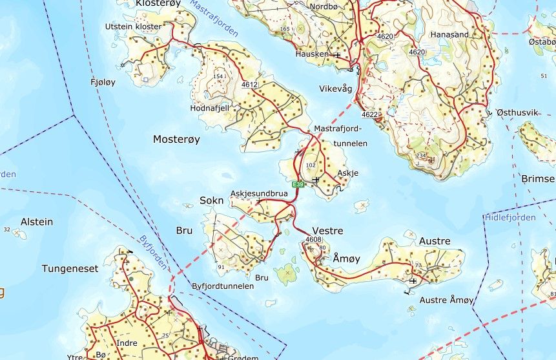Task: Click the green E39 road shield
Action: [x=298, y=184]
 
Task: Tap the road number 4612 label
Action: [x=249, y=85]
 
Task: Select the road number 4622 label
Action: [x=370, y=114]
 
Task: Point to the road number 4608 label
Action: [x=313, y=240]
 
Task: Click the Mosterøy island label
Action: [x=176, y=139]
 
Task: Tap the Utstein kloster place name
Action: [x=134, y=26]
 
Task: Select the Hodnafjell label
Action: [x=210, y=109]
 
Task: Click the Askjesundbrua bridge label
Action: [x=259, y=193]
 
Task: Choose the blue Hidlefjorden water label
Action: [x=510, y=218]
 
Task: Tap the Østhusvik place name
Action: [x=517, y=112]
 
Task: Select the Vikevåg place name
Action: [x=335, y=89]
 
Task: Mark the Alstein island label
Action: [x=37, y=222]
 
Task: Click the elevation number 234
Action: [x=421, y=156]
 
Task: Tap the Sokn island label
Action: [x=211, y=200]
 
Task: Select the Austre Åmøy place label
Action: [x=447, y=300]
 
